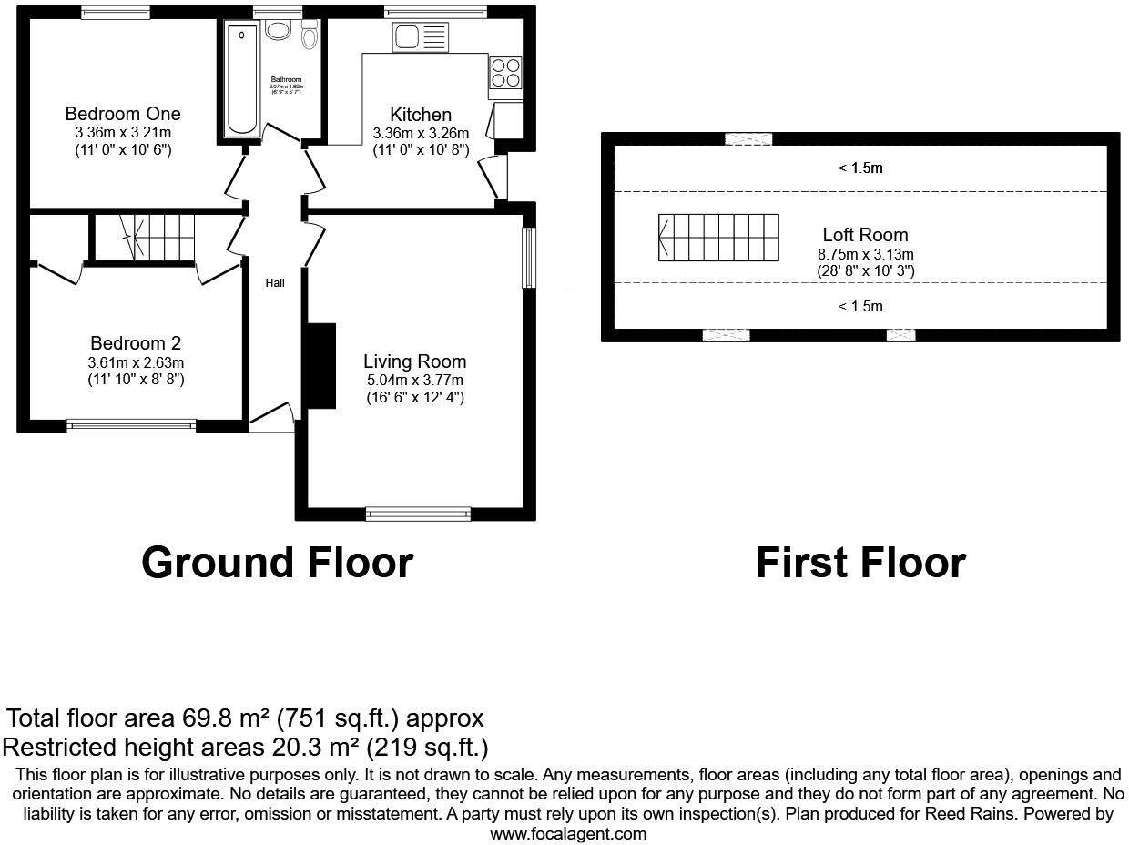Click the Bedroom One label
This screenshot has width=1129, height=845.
coord(123,114)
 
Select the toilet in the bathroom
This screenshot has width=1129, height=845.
coord(310,36)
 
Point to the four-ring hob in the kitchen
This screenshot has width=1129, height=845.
coord(506,73)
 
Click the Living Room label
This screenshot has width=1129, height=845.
coord(414,361)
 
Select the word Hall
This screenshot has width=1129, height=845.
coord(275,283)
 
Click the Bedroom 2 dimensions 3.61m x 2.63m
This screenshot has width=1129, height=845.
coord(136,362)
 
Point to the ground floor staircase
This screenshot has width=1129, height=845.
coord(159,237)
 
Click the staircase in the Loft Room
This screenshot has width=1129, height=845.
coord(718,238)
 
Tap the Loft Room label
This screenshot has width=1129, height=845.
coord(865,235)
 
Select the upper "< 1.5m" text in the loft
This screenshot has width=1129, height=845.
coord(860,168)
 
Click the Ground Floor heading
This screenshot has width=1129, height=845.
coord(277,563)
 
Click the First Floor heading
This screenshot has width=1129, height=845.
coord(860,563)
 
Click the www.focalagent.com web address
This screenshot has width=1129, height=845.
coord(568,833)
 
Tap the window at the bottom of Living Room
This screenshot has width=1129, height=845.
coord(418,514)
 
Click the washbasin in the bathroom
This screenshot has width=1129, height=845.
coord(278,31)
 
